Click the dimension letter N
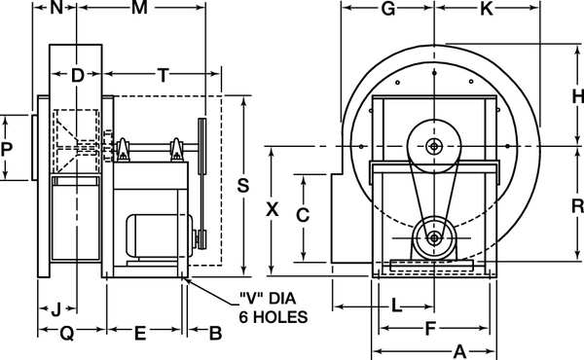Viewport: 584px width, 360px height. pos(56,8)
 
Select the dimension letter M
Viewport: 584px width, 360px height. pos(139,8)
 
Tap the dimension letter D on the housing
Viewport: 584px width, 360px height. pos(77,76)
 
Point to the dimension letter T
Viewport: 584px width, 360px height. pos(164,75)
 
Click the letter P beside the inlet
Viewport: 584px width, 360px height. pos(7,149)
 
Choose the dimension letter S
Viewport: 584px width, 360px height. pos(243,186)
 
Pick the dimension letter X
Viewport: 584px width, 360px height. pos(273,209)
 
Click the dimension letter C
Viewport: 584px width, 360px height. pos(303,215)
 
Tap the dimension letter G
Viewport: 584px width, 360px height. pos(388,9)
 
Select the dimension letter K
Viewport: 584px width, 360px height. pos(487,9)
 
